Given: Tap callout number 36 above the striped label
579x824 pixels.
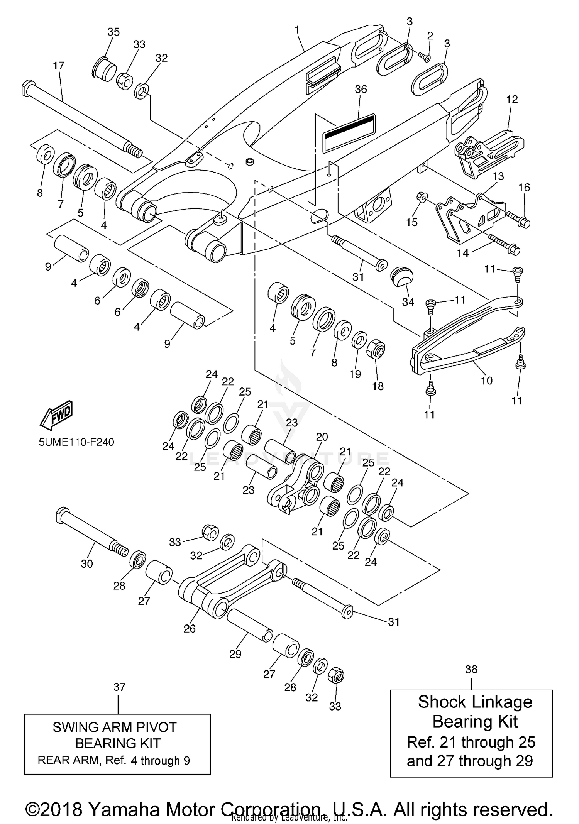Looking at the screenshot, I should coord(361,90).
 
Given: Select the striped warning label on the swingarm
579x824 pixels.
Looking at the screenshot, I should coord(349,132).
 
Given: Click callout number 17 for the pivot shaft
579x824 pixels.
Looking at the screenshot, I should coord(59,66).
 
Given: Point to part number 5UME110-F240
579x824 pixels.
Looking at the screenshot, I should coord(76,442).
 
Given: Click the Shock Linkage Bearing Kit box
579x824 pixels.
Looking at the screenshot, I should coord(471,733).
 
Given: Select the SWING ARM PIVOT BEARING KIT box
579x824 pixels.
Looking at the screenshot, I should coord(118,744).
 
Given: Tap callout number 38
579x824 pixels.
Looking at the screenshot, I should coord(471,670).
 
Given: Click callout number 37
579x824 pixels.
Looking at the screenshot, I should coord(119,687).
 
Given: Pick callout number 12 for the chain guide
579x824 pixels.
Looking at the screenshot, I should coord(512,100).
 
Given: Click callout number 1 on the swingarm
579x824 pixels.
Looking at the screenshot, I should coord(297,30).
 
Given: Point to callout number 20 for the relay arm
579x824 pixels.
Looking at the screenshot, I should coord(322,437).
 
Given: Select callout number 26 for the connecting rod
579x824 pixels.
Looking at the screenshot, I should coord(190,628).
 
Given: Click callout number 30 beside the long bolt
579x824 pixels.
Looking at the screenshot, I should coord(87,564).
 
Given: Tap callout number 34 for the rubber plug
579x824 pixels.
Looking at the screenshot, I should coord(408,302).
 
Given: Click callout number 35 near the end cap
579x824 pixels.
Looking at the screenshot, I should coord(113,32).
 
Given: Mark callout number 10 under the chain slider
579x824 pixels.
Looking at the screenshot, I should coord(487,381).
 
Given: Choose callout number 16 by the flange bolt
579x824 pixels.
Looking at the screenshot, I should coord(524,188).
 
